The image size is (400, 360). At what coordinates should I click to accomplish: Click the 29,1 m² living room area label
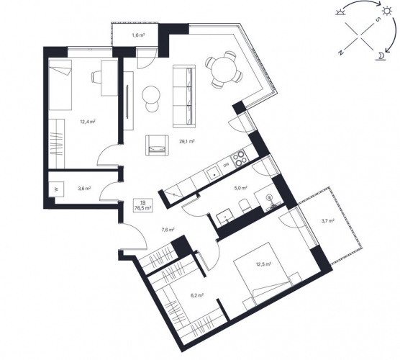tap(187, 141)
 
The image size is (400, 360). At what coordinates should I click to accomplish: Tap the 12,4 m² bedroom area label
tap(88, 122)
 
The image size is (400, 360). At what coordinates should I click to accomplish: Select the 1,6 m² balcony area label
tap(138, 35)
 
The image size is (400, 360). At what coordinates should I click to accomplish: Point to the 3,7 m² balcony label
tap(328, 220)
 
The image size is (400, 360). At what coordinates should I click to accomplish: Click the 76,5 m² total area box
tap(143, 205)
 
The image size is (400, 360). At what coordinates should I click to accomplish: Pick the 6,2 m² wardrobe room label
tap(196, 295)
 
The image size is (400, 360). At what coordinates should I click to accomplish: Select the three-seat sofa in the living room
tap(184, 96)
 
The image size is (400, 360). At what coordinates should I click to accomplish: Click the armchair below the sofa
tap(157, 145)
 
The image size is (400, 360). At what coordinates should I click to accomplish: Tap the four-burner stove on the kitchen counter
tap(239, 158)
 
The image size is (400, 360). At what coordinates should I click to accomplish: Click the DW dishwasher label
tap(227, 166)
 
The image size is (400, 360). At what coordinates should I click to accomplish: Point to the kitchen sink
tap(214, 174)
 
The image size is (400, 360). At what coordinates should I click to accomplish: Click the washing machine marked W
tap(56, 189)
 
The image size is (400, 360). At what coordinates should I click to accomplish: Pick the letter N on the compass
tap(341, 53)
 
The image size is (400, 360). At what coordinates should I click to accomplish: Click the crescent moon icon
tap(381, 55)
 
